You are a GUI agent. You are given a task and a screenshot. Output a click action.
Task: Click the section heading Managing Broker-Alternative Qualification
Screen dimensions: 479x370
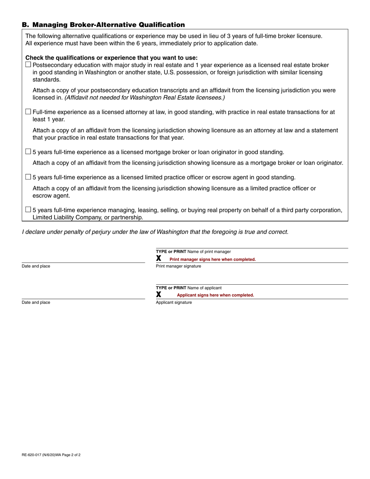coord(103,25)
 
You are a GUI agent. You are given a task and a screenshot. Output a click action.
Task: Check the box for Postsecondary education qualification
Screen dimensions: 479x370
coord(28,65)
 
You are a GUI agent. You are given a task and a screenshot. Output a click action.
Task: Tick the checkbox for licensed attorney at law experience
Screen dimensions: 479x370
coord(28,112)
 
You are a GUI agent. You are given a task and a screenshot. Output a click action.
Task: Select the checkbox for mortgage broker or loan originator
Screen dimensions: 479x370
coord(28,151)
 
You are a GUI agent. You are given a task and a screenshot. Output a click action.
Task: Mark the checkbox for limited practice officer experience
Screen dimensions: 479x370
coord(28,177)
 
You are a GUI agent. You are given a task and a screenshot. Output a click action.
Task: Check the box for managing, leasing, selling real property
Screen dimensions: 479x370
coord(28,210)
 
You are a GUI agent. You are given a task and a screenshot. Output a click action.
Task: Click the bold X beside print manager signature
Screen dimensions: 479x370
coord(159,259)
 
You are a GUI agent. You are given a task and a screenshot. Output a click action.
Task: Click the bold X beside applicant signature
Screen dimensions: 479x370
coord(159,295)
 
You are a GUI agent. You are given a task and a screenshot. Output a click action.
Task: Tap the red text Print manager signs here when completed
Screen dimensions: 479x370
coord(213,259)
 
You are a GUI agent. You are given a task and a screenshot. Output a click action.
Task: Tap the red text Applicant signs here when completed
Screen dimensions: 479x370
coord(215,295)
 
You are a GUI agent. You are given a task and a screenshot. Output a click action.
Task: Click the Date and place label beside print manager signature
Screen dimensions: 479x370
coord(36,266)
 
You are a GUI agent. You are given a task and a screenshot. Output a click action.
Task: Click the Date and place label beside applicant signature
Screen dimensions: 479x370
coord(36,303)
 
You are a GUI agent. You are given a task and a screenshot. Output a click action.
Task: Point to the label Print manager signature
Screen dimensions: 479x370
coord(178,266)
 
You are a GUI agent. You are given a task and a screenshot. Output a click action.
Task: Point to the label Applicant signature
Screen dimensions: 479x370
coord(174,303)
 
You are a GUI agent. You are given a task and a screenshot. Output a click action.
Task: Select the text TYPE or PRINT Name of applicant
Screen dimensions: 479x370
coord(189,288)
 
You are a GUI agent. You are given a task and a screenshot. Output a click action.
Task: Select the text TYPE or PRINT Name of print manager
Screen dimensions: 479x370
coord(193,252)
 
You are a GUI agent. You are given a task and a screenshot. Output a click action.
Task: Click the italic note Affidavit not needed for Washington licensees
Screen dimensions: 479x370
coord(144,98)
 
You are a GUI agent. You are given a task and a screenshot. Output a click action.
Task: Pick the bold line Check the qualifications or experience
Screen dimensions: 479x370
coord(111,58)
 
